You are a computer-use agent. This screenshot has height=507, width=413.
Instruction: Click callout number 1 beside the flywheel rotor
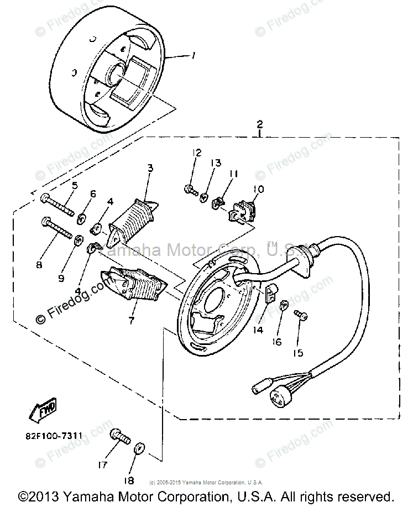pos(193,56)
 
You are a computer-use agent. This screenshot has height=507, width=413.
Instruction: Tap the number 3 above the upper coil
pos(150,168)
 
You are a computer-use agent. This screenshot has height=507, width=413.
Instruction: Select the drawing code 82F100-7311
pos(53,436)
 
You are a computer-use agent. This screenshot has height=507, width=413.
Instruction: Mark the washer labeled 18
pos(140,447)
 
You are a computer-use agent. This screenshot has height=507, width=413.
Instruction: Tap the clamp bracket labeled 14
pos(272,294)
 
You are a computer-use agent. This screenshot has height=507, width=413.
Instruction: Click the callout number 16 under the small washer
pos(276,342)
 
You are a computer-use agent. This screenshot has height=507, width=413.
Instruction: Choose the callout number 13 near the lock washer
pos(215,163)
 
